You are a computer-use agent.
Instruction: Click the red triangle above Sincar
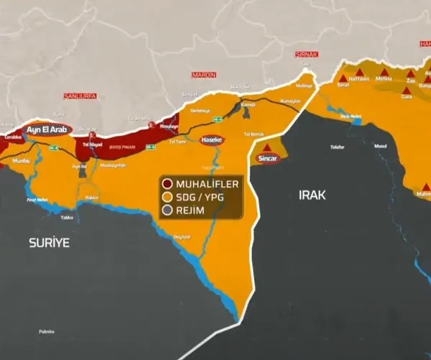coord(269,146)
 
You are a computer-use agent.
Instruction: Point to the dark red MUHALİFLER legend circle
coord(167,184)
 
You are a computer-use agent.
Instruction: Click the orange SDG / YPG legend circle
coord(167,197)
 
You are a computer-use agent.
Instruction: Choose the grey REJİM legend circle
coord(167,210)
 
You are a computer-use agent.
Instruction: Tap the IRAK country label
coord(313,195)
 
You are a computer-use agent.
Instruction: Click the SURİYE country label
coord(49,243)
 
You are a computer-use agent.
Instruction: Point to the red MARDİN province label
coord(204,74)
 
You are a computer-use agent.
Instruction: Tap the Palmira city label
coord(46,331)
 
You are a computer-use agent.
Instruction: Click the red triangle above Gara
coord(407,87)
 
